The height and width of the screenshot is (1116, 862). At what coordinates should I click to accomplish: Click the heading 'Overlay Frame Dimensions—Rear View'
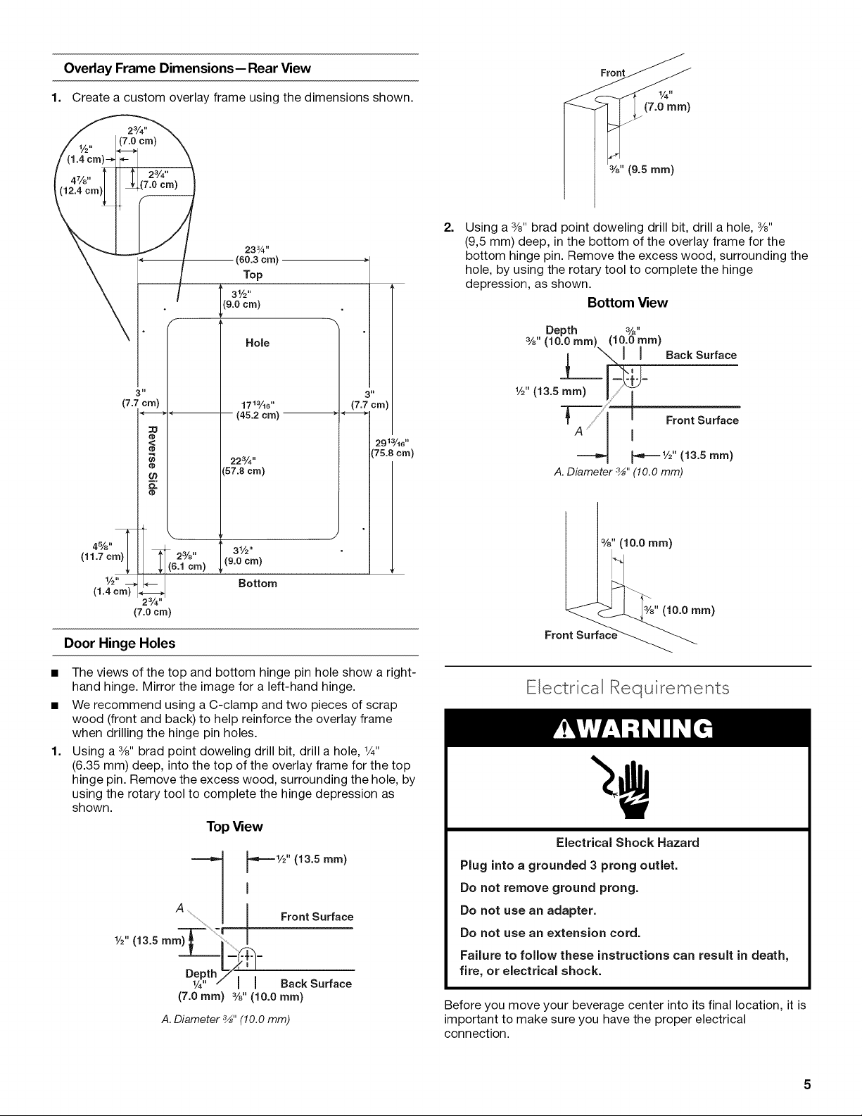187,68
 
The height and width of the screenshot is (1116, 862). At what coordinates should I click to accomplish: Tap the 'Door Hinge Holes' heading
120,643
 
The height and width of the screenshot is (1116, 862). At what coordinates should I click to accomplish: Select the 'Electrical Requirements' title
628,688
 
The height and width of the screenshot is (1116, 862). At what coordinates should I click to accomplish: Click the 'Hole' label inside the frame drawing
257,343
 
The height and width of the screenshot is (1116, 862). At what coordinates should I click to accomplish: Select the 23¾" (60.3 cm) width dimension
257,255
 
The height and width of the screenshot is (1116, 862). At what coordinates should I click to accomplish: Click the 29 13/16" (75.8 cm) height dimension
392,448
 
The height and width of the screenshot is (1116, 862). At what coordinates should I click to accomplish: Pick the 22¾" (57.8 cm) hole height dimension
243,465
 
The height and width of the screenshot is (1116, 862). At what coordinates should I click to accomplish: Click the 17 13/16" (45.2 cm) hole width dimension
258,410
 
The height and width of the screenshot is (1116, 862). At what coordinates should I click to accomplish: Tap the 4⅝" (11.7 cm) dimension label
102,551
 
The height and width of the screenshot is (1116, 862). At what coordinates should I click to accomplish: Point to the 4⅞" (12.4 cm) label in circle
82,185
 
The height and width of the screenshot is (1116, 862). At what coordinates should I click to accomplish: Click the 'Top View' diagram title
234,827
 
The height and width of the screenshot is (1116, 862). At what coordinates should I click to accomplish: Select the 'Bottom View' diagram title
628,303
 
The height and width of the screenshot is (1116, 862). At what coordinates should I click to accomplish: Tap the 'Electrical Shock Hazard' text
628,842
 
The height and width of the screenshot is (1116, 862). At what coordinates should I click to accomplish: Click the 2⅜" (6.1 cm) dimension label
186,561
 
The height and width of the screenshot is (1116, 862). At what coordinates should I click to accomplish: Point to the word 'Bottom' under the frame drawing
258,584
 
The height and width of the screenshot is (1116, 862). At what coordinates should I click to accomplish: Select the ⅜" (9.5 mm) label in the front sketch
641,170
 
